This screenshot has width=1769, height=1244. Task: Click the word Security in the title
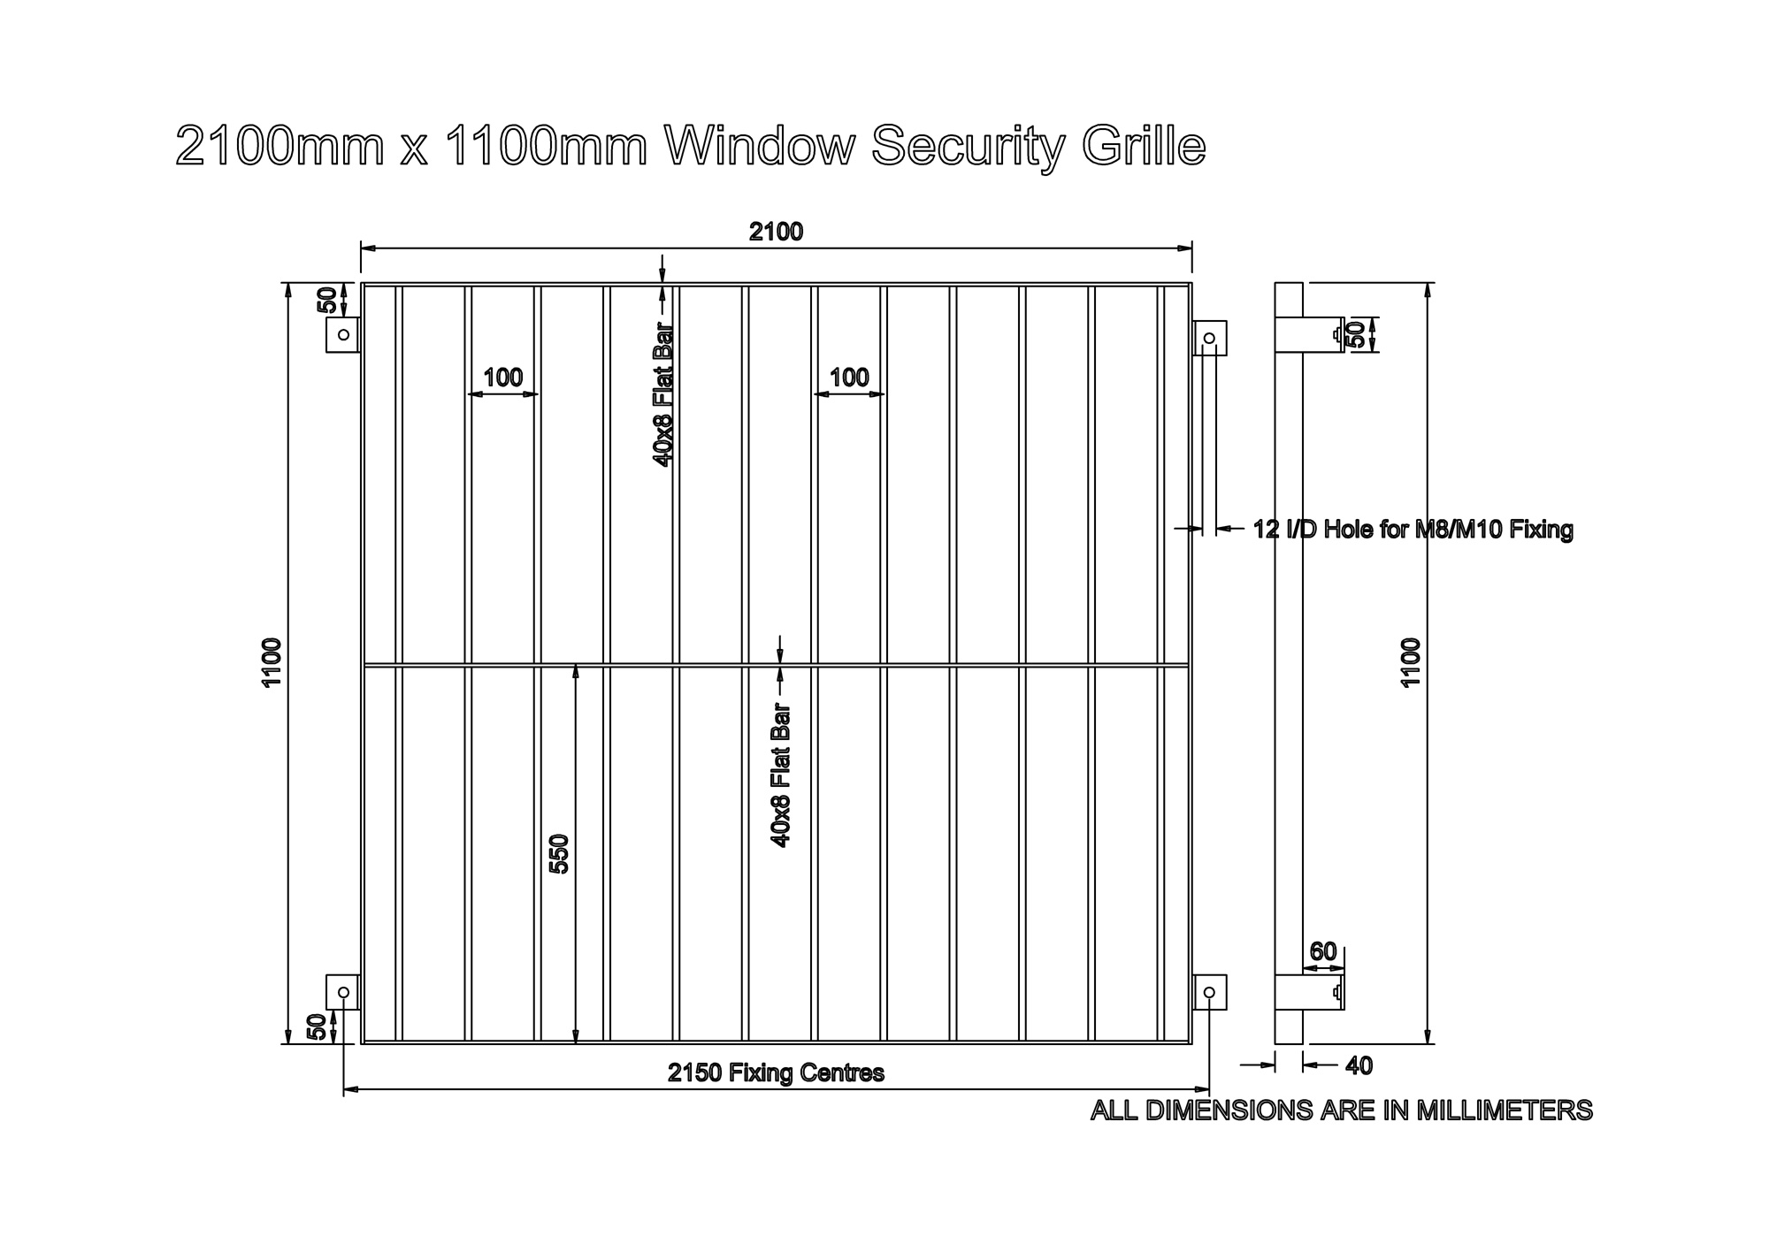point(968,147)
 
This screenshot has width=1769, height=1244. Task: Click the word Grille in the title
point(1144,145)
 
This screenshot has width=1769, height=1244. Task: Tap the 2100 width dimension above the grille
point(776,232)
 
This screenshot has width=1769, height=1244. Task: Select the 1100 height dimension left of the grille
point(272,661)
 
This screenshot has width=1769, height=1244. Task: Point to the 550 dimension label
point(559,853)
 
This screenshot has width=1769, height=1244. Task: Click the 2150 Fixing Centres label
point(776,1072)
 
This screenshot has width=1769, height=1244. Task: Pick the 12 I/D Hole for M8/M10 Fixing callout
point(1413,530)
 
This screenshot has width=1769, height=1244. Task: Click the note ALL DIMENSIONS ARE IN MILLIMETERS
point(1341,1110)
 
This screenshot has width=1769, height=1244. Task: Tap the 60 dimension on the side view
point(1322,952)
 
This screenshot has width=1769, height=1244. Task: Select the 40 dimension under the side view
point(1359,1066)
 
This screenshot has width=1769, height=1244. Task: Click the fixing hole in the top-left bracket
point(344,334)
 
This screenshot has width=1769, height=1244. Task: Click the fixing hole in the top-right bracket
point(1209,338)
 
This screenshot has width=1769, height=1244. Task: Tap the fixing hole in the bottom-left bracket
point(343,992)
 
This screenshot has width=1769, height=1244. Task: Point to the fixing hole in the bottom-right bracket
point(1209,992)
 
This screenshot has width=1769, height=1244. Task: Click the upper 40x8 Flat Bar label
point(663,395)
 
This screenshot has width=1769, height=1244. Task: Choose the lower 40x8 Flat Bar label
point(780,775)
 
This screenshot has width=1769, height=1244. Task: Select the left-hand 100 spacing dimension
point(502,378)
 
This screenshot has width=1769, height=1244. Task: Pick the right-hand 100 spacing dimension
point(849,378)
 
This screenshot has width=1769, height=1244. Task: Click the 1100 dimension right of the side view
point(1411,661)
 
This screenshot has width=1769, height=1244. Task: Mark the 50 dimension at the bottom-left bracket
point(317,1027)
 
